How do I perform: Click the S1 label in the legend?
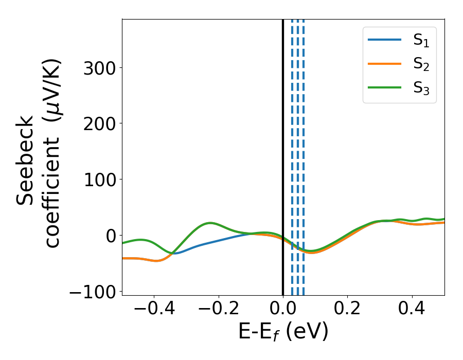[x=421, y=42]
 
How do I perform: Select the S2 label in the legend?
[x=421, y=65]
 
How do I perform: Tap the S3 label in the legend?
[x=421, y=88]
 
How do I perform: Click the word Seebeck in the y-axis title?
[x=26, y=160]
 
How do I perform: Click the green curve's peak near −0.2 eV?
[x=210, y=223]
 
